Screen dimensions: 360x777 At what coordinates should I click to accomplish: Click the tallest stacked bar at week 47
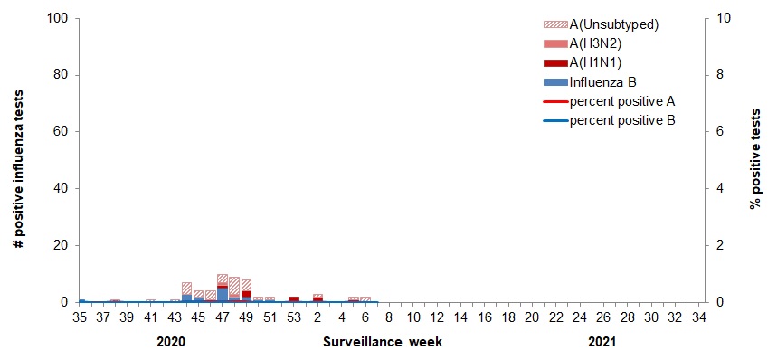click(x=223, y=288)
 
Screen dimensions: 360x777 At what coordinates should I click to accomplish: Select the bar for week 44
click(x=186, y=292)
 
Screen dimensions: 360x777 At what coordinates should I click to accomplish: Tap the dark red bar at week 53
click(x=294, y=298)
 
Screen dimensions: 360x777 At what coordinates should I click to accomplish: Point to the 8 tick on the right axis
click(x=720, y=75)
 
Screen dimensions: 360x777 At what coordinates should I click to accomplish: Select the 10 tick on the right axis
click(x=723, y=18)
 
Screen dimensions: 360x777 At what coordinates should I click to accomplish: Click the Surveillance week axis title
click(x=383, y=344)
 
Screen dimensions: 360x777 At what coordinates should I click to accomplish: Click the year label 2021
click(x=603, y=344)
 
